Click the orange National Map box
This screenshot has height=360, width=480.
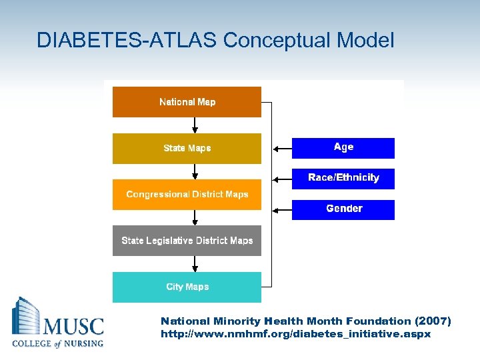pyautogui.click(x=187, y=102)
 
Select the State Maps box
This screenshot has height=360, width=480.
pyautogui.click(x=187, y=148)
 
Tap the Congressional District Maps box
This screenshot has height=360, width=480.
pyautogui.click(x=187, y=195)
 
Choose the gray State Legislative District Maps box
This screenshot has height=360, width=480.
pyautogui.click(x=187, y=241)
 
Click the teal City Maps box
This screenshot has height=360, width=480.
pyautogui.click(x=187, y=287)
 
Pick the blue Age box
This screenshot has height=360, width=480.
pyautogui.click(x=343, y=147)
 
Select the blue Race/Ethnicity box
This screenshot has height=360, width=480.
pyautogui.click(x=343, y=178)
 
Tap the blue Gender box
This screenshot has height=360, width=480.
pyautogui.click(x=343, y=209)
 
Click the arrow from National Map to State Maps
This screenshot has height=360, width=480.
pyautogui.click(x=195, y=125)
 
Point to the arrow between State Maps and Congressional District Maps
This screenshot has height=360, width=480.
pyautogui.click(x=195, y=171)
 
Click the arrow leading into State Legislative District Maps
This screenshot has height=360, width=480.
pyautogui.click(x=195, y=218)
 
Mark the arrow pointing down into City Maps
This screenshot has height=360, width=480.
pyautogui.click(x=195, y=264)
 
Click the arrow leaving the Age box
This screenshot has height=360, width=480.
pyautogui.click(x=282, y=148)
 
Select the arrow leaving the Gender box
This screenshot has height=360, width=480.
pyautogui.click(x=282, y=210)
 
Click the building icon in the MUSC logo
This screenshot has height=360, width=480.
pyautogui.click(x=26, y=319)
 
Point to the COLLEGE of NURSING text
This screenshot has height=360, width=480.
pyautogui.click(x=58, y=343)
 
